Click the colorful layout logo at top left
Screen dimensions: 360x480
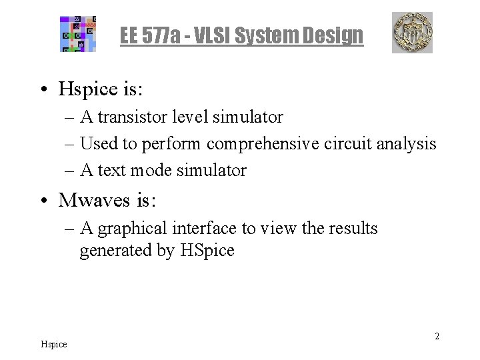[79, 33]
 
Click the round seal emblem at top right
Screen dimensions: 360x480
[411, 32]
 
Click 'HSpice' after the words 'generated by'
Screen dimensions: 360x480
[207, 251]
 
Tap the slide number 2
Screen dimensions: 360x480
[437, 336]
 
